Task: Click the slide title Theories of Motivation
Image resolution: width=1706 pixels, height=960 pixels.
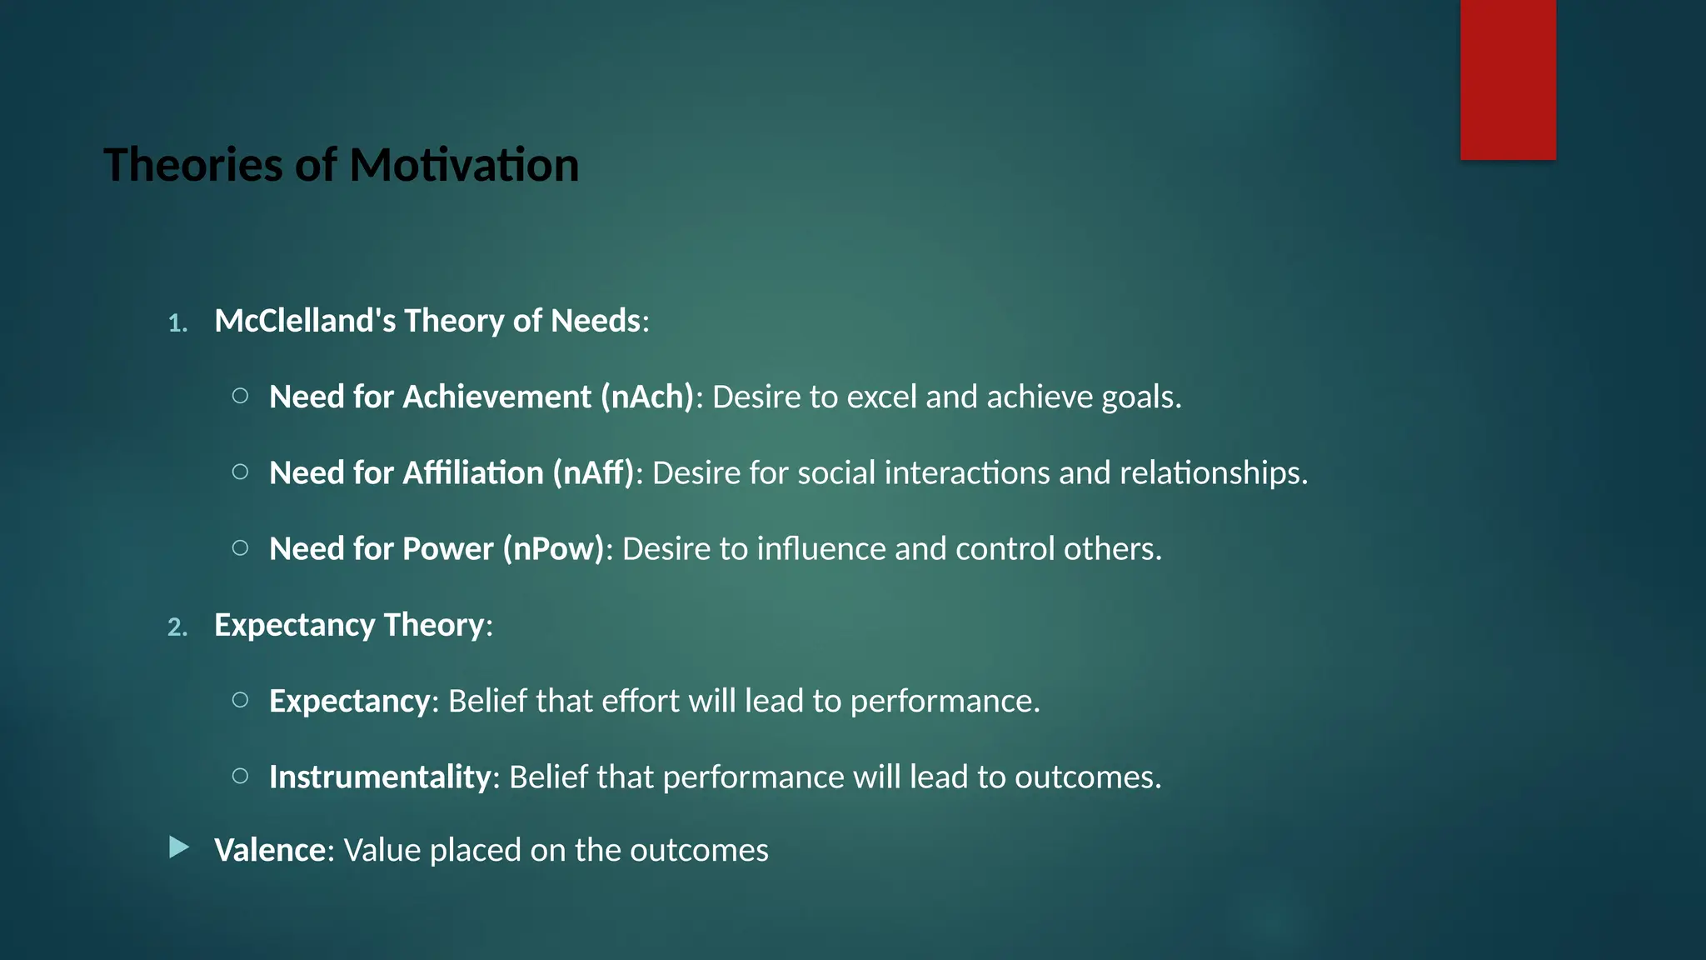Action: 341,165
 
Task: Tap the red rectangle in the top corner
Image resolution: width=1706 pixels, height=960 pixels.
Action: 1508,79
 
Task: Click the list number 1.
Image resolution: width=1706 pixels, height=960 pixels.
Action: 177,323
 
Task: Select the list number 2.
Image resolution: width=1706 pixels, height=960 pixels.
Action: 177,627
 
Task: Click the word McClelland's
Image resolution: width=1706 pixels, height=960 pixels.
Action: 305,321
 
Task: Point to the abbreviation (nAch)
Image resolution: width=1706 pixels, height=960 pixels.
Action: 647,397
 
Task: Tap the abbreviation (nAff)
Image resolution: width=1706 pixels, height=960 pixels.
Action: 593,473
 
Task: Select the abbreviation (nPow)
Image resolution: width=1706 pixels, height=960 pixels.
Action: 553,549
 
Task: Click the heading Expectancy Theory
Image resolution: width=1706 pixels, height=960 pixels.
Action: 349,625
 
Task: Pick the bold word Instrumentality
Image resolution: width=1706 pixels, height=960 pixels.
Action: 380,777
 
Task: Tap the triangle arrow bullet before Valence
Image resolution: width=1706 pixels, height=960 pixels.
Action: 178,848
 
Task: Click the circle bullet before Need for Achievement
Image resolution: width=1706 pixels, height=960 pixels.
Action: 240,396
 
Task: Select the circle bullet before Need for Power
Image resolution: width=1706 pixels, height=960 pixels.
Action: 240,548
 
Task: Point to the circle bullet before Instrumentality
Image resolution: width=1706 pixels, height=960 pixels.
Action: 240,777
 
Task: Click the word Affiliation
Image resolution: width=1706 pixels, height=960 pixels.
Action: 473,473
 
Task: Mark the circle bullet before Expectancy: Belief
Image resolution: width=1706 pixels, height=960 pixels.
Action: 240,700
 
